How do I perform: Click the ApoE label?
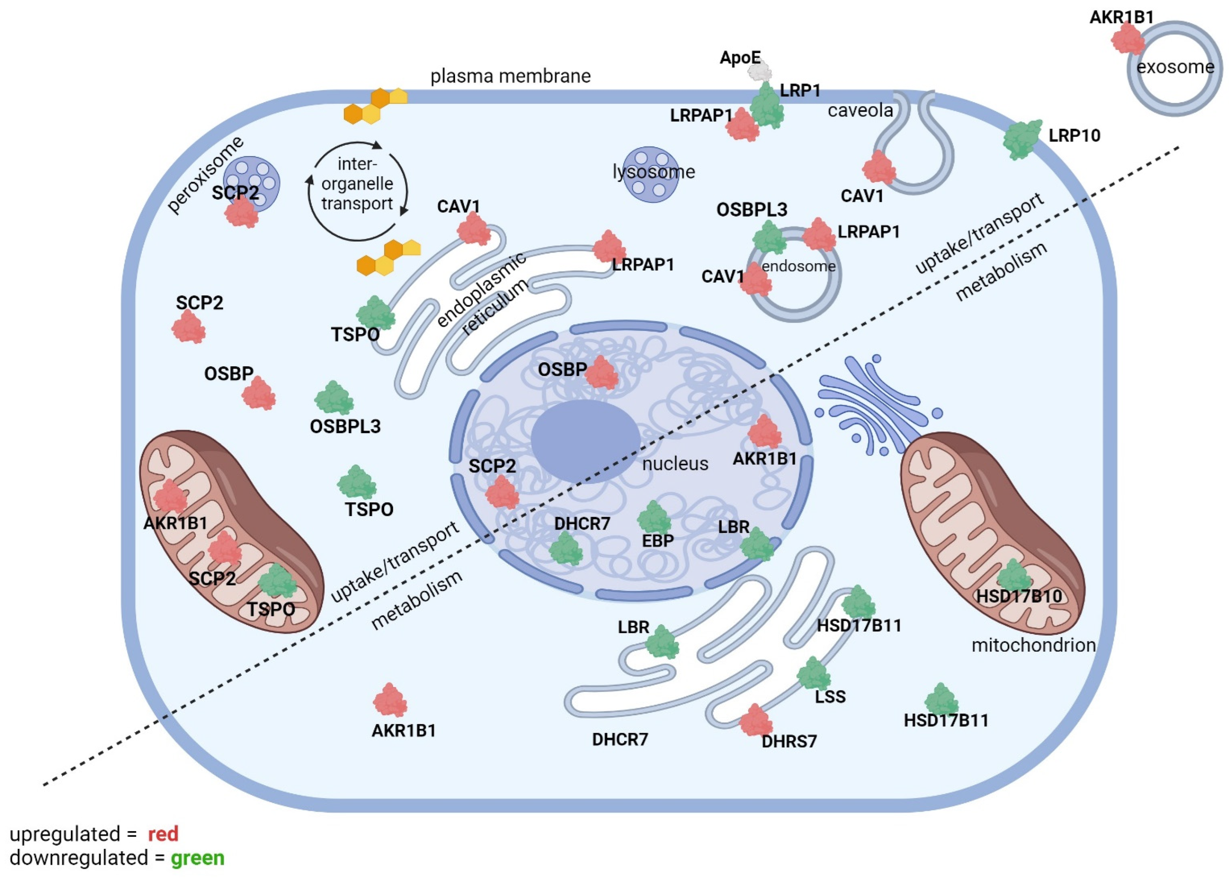point(740,57)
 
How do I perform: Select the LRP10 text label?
point(1074,135)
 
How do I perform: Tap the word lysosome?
point(654,172)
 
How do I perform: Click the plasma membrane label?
point(510,76)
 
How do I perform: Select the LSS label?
point(830,697)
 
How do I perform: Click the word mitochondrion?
point(1034,645)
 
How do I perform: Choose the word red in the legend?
point(163,834)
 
